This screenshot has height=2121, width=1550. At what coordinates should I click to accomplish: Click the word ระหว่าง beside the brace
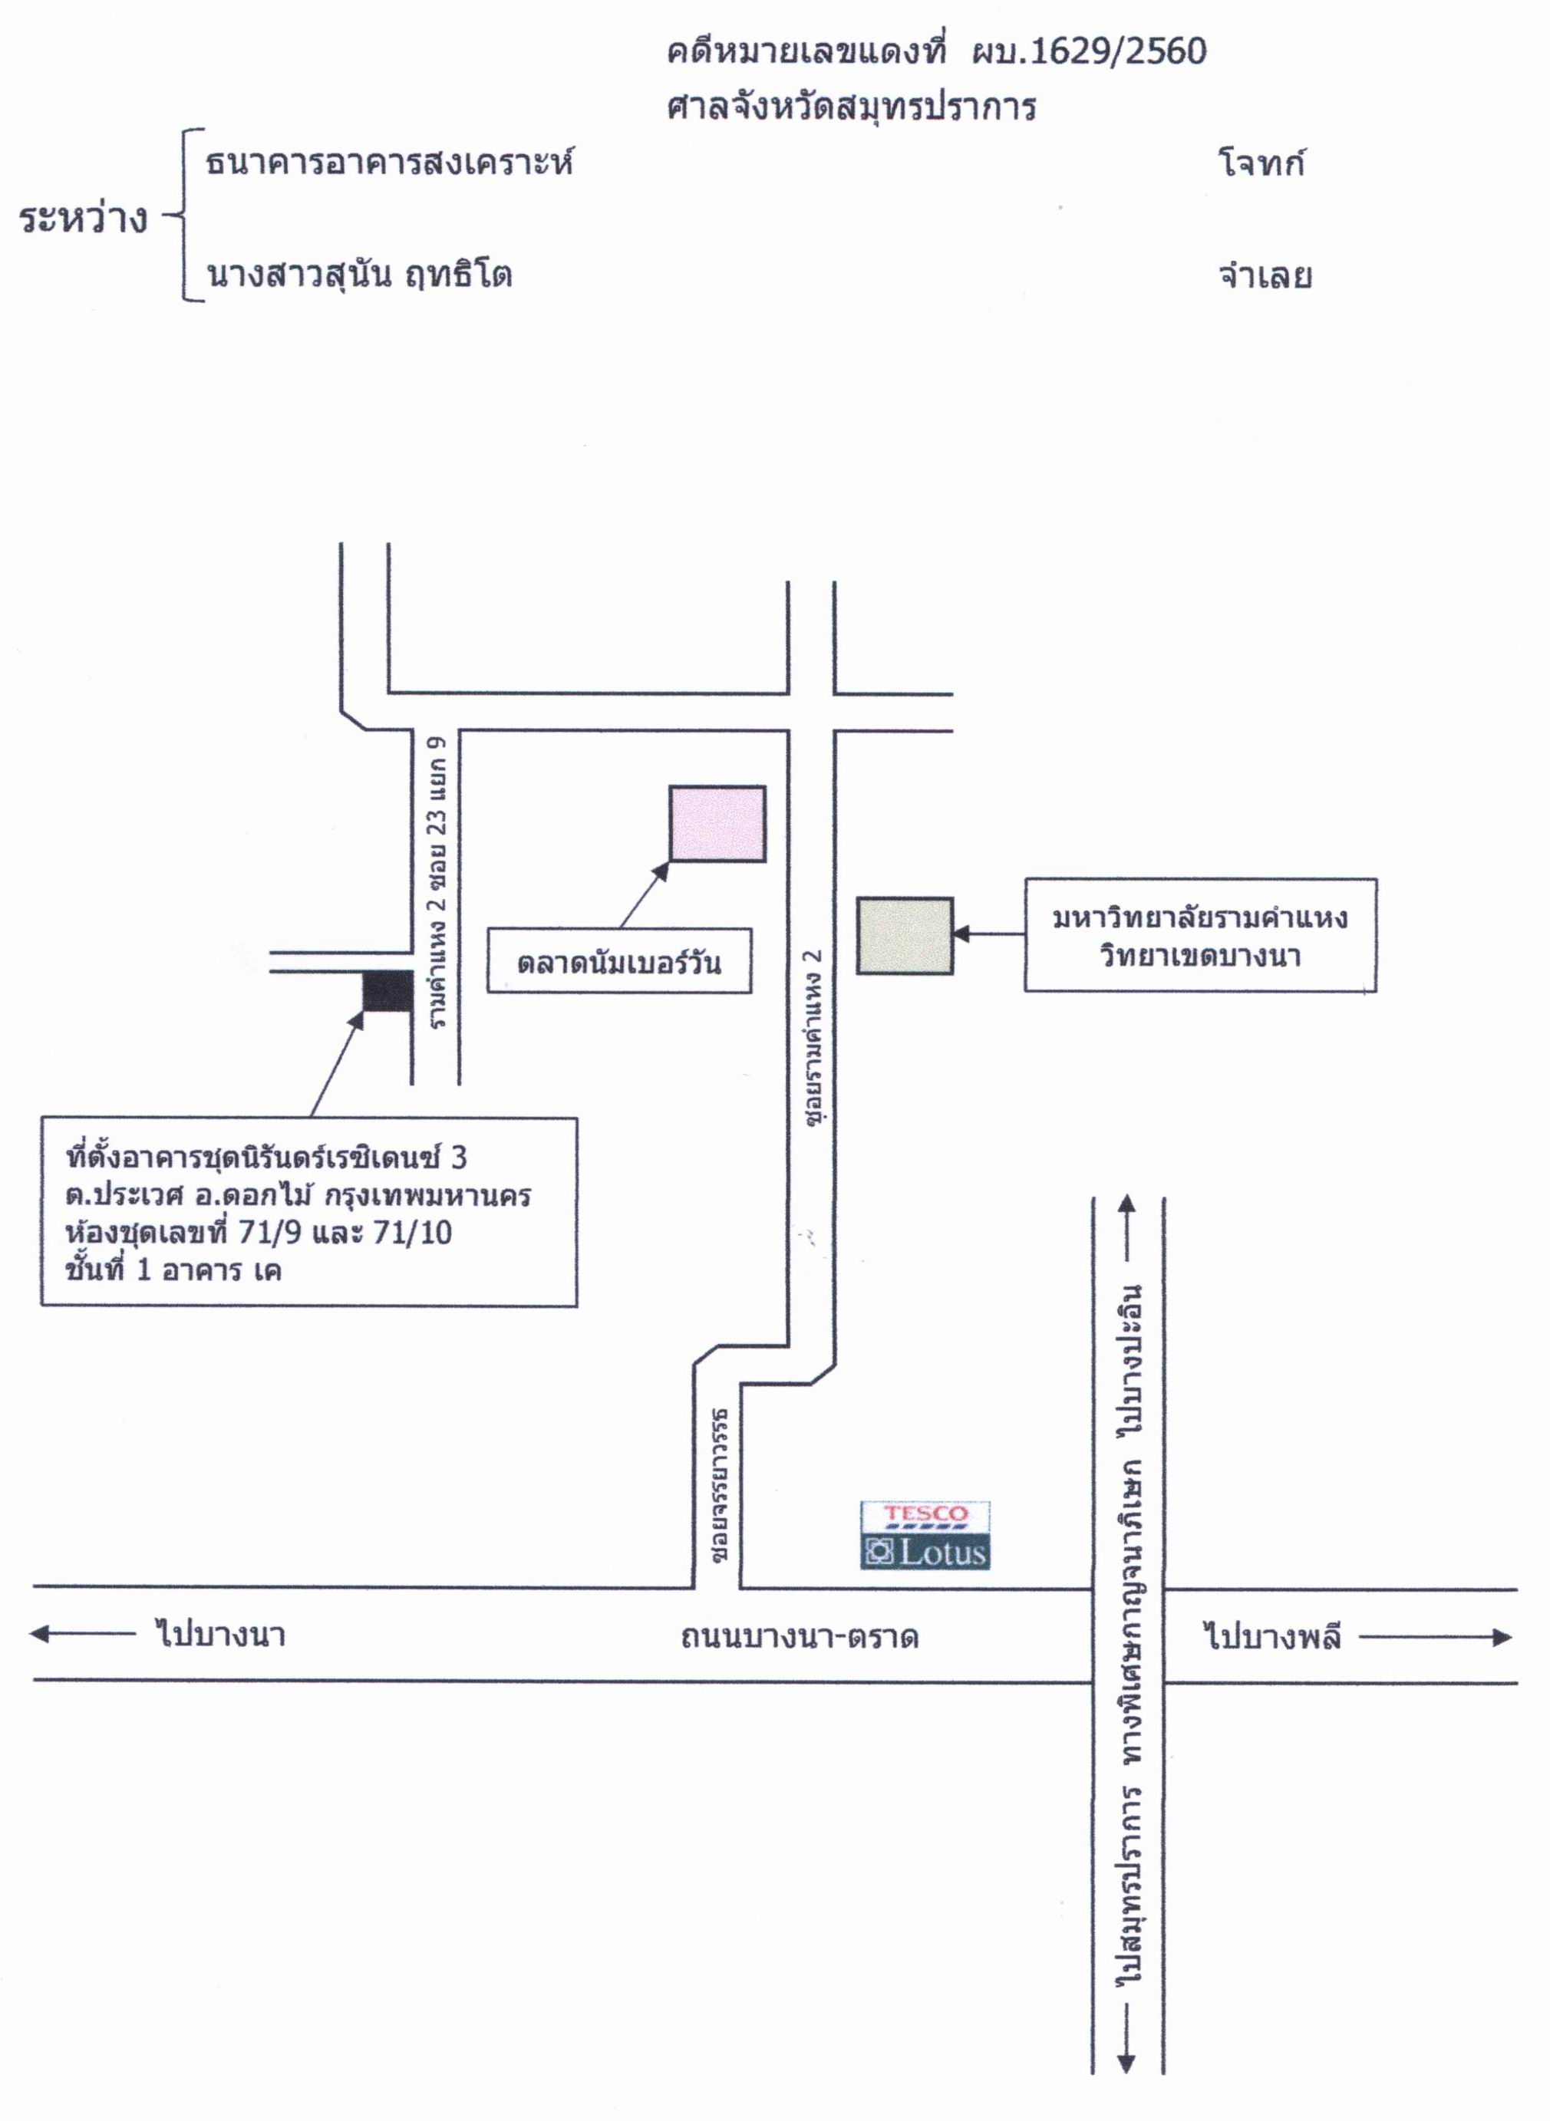(x=84, y=219)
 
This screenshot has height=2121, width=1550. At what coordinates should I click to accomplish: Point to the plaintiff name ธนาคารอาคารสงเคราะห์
(x=388, y=163)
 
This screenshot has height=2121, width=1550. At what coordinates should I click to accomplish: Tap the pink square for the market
(x=717, y=822)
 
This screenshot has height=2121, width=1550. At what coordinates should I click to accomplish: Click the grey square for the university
(x=905, y=935)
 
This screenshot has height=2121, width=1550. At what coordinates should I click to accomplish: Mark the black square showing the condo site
(x=387, y=990)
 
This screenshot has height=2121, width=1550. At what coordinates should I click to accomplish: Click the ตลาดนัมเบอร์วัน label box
(x=618, y=960)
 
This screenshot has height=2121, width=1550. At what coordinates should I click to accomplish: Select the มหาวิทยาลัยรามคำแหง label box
(x=1200, y=935)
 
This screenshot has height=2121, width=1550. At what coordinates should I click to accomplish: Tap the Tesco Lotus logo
(x=925, y=1536)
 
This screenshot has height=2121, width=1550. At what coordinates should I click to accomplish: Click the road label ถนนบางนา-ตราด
(x=800, y=1637)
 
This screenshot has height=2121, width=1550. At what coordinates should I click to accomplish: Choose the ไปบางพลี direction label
(x=1271, y=1637)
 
